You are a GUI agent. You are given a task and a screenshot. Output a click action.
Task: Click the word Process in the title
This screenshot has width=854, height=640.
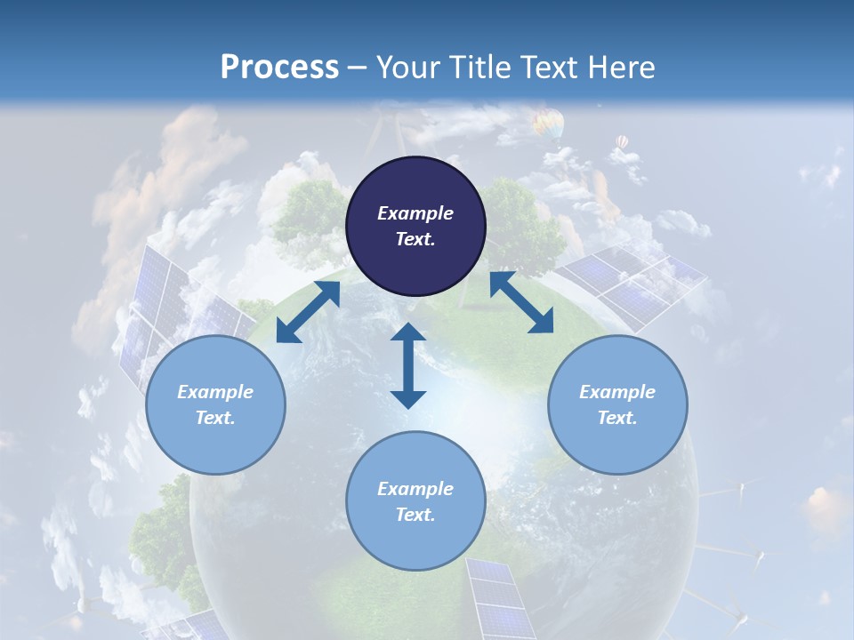279,68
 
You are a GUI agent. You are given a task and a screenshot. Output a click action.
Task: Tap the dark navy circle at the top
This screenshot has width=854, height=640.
415,226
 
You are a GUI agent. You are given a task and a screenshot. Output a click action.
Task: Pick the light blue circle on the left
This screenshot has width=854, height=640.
215,404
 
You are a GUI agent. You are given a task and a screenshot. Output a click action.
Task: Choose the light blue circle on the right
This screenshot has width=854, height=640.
617,404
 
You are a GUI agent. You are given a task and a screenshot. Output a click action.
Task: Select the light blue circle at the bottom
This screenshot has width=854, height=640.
415,501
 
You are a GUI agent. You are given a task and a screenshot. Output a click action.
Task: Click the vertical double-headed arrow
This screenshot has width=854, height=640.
408,365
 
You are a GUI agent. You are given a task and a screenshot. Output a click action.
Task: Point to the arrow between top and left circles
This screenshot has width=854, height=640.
308,312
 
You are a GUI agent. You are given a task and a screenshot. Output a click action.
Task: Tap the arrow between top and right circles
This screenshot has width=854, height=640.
521,303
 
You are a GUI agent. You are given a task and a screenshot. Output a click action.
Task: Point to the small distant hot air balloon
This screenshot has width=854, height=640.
622,141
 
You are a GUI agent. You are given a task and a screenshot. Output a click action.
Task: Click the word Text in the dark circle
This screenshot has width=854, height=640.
415,239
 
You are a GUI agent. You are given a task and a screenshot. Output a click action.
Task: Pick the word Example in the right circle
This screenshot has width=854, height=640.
617,392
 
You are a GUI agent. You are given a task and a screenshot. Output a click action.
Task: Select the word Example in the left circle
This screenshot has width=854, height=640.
215,392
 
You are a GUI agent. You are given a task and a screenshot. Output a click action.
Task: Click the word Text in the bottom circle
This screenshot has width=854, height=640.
415,515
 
